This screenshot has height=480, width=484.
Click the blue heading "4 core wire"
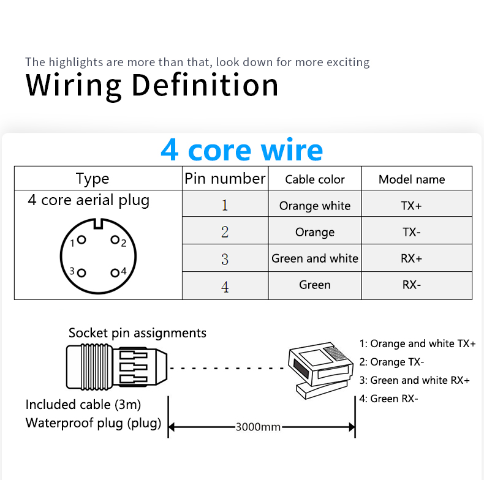pyautogui.click(x=241, y=150)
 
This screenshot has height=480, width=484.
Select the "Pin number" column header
pyautogui.click(x=225, y=179)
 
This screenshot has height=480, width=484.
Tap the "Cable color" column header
pyautogui.click(x=314, y=179)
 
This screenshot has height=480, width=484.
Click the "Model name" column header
pyautogui.click(x=412, y=179)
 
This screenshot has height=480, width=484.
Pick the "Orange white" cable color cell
pyautogui.click(x=314, y=206)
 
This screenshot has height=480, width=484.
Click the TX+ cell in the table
pyautogui.click(x=411, y=206)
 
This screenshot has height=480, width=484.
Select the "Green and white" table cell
pyautogui.click(x=314, y=258)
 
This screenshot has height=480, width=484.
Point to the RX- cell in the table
pyautogui.click(x=412, y=285)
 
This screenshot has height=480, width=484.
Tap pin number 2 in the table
pyautogui.click(x=225, y=231)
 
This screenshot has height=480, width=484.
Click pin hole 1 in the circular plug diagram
pyautogui.click(x=81, y=239)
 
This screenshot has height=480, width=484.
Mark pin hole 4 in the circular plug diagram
pyautogui.click(x=115, y=272)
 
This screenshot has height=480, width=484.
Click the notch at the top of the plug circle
pyautogui.click(x=98, y=224)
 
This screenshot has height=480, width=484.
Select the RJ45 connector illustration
pyautogui.click(x=320, y=370)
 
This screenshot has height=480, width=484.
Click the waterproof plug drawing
pyautogui.click(x=116, y=367)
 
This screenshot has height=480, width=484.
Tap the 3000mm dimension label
pyautogui.click(x=258, y=427)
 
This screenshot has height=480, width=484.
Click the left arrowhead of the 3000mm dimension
pyautogui.click(x=172, y=427)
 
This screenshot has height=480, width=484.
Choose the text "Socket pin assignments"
pyautogui.click(x=137, y=333)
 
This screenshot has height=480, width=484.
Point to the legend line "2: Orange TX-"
pyautogui.click(x=391, y=362)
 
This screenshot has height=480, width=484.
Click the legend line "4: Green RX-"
pyautogui.click(x=388, y=399)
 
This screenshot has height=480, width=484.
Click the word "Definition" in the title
pyautogui.click(x=205, y=85)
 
